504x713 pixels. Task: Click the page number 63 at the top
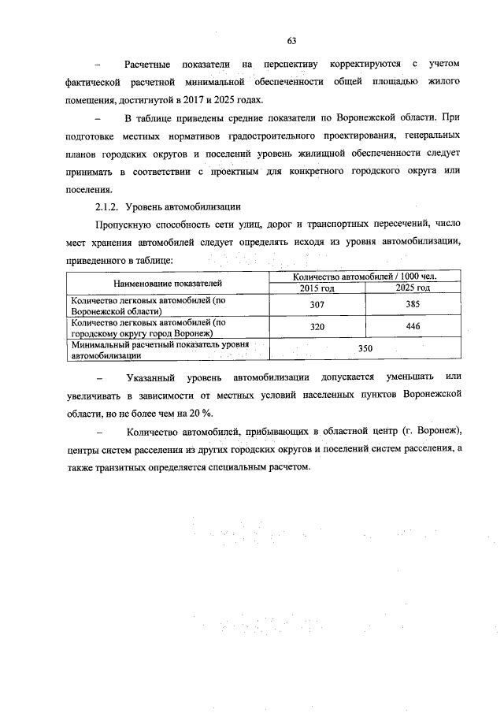coord(291,40)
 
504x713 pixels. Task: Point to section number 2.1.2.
coord(105,207)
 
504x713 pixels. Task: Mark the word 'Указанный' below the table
coord(149,377)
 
